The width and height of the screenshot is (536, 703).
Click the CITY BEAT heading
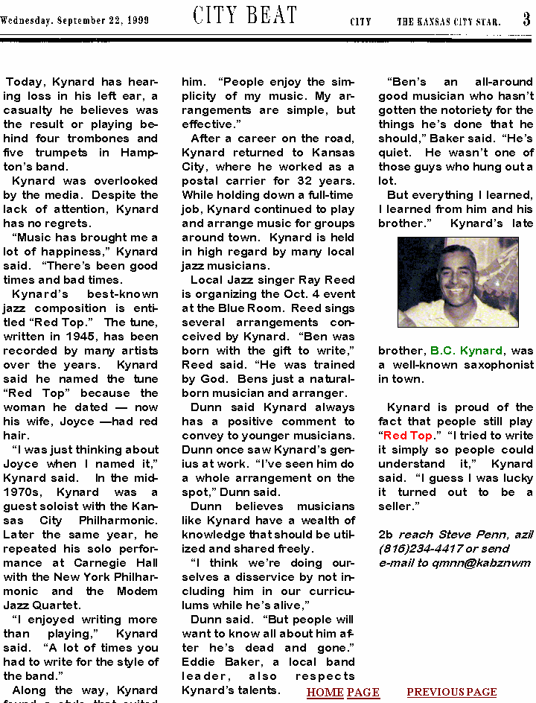coord(245,16)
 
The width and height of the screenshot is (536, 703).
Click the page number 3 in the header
coord(526,19)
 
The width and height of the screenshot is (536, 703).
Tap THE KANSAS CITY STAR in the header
coord(448,22)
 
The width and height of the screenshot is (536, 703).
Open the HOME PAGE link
coord(342,693)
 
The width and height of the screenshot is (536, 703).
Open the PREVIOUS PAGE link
coord(451,693)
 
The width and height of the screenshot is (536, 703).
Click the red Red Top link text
coord(407,436)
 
